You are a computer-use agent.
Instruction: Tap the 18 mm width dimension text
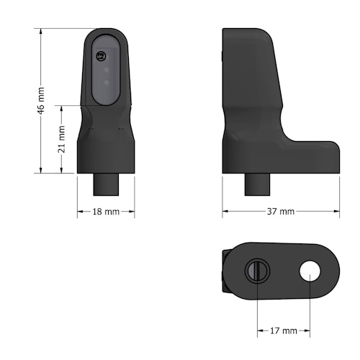click(x=107, y=212)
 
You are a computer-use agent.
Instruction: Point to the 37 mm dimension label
click(x=281, y=212)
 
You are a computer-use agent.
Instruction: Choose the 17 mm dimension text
click(x=284, y=330)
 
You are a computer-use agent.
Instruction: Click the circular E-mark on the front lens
click(x=102, y=55)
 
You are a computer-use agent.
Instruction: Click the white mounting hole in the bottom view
click(x=310, y=271)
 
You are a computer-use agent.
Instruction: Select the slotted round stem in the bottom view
click(x=258, y=271)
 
